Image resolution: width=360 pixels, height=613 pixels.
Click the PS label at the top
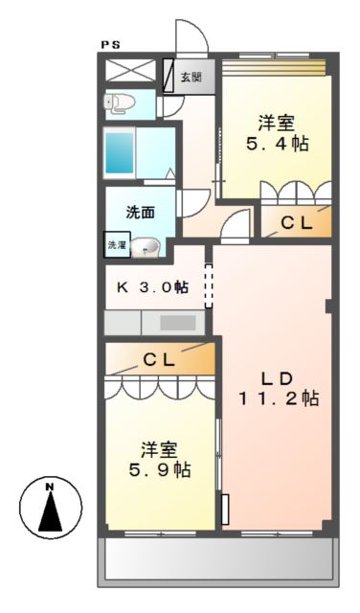click(x=111, y=45)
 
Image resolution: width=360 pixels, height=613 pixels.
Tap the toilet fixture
click(x=120, y=103)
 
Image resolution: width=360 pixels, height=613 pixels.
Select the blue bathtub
click(x=120, y=153)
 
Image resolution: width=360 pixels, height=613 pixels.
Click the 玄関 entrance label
click(x=191, y=77)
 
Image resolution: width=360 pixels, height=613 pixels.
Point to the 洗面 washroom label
click(x=140, y=213)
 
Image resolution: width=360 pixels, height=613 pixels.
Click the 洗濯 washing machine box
click(x=117, y=245)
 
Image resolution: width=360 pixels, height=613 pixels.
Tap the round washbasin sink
click(x=146, y=248)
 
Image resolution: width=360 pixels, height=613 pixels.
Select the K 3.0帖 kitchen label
click(x=153, y=287)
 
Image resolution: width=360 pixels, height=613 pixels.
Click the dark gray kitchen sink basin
click(x=178, y=323)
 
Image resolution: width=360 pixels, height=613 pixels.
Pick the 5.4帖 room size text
click(x=278, y=144)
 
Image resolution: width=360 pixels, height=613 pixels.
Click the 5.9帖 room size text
click(x=160, y=469)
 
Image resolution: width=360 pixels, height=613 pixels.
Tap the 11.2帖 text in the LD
click(x=279, y=398)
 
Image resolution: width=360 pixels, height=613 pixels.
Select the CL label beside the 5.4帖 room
click(x=297, y=222)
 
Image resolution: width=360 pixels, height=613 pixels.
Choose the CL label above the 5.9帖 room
click(x=159, y=360)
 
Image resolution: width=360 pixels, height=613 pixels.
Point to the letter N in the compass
click(x=50, y=487)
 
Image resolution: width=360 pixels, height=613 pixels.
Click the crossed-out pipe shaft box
click(x=130, y=70)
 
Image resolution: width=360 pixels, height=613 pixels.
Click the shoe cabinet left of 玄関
click(x=169, y=76)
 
